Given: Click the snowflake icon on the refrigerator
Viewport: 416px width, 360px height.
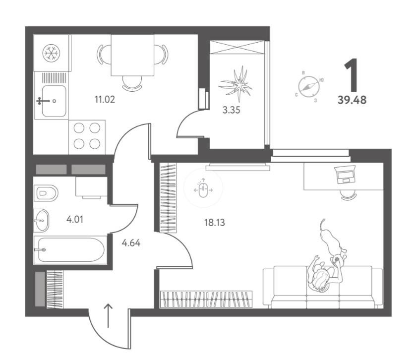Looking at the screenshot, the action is (x=51, y=53).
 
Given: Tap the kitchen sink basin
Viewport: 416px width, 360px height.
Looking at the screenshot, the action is (x=54, y=101).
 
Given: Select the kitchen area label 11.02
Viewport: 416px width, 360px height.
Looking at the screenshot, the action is (x=105, y=100).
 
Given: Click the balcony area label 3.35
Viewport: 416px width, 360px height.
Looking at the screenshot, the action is (x=232, y=110).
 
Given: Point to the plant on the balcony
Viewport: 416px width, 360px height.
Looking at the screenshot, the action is (x=236, y=85).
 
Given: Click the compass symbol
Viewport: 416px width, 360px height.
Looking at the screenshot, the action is (x=308, y=86).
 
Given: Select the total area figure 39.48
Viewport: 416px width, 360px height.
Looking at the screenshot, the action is (x=352, y=100).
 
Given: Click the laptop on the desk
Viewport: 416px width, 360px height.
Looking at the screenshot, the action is (x=345, y=175).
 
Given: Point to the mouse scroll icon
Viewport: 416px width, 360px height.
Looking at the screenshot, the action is (x=203, y=188).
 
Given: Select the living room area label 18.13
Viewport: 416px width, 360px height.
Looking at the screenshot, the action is (x=214, y=222).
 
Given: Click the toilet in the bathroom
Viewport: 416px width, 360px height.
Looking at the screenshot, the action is (x=46, y=192).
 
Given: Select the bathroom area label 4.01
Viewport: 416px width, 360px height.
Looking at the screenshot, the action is (x=75, y=220).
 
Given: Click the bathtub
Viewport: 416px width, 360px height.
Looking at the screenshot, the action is (x=70, y=250).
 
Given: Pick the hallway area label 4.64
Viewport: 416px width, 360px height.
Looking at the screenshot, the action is (x=131, y=243).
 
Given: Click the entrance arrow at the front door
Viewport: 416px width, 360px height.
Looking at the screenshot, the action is (x=108, y=315).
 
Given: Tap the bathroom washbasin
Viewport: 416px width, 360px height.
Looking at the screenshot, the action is (x=41, y=220).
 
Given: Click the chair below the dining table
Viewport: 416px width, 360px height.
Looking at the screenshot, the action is (x=132, y=83).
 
